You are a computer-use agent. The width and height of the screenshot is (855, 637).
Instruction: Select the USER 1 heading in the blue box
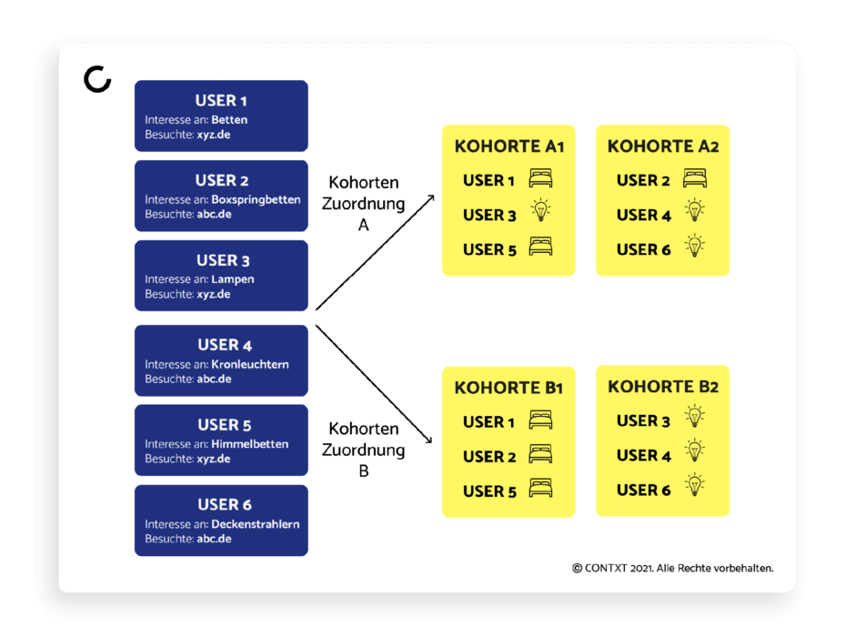tap(221, 100)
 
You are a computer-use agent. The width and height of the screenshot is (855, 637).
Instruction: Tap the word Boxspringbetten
tap(256, 199)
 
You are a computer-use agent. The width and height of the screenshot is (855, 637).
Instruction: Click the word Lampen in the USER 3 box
tap(233, 279)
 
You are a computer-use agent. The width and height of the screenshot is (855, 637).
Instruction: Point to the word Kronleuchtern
tap(250, 364)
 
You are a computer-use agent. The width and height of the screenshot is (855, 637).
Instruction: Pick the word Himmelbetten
tap(250, 444)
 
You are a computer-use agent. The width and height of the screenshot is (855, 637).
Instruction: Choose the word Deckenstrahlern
tap(256, 524)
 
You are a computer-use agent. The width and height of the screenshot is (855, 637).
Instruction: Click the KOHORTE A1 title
tap(509, 147)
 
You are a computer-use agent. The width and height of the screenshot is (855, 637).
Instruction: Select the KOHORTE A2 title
tap(663, 147)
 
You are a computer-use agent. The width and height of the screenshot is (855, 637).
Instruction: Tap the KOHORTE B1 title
tap(508, 388)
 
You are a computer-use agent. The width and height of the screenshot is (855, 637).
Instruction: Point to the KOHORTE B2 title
tap(663, 387)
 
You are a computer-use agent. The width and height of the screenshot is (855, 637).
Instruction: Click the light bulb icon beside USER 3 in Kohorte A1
tap(541, 210)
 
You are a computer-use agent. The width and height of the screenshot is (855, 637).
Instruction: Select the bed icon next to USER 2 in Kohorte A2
tap(695, 178)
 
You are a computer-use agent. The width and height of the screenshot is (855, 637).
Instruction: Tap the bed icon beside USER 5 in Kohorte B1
tap(540, 488)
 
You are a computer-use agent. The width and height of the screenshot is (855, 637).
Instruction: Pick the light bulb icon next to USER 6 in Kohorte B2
tap(695, 484)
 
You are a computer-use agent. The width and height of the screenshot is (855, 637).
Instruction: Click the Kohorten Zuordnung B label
tap(364, 450)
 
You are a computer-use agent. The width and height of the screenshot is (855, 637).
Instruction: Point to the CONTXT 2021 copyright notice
tap(673, 568)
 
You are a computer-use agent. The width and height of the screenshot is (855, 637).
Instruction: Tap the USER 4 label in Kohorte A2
tap(643, 216)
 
